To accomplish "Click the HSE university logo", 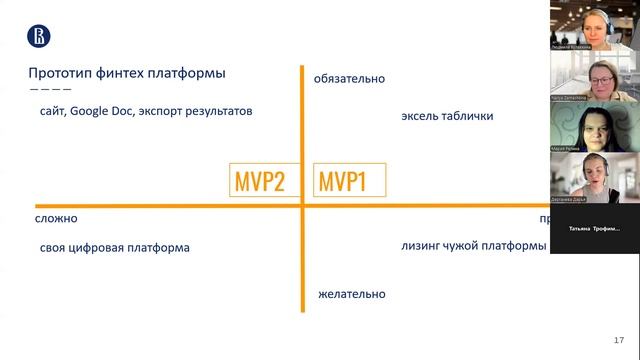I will (38, 37).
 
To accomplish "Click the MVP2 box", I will (260, 182).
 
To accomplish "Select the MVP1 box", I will (343, 182).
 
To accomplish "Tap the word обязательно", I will (349, 79).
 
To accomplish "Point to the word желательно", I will (351, 294).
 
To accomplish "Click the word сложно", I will (56, 218).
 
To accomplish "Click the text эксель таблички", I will (447, 115).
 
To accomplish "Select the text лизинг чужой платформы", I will (472, 246).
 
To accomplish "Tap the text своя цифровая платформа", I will (114, 247).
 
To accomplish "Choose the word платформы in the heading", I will (190, 73).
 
